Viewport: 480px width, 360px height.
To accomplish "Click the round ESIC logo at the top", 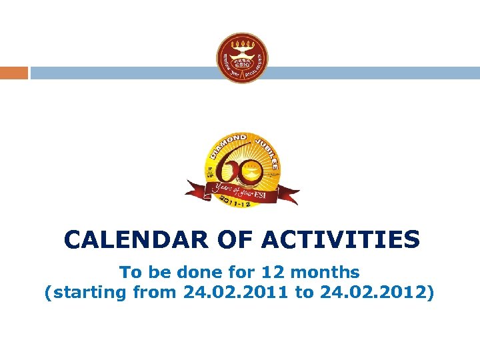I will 242,58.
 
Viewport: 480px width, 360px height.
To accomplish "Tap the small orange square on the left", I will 13,73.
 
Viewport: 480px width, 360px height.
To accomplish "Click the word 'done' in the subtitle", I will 203,272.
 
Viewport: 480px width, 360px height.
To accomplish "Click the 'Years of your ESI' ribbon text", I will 240,190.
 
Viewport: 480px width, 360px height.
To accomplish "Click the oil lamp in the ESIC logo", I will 242,49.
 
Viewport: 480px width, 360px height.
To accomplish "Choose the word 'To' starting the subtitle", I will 131,272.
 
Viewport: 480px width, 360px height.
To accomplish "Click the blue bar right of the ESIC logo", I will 373,73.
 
